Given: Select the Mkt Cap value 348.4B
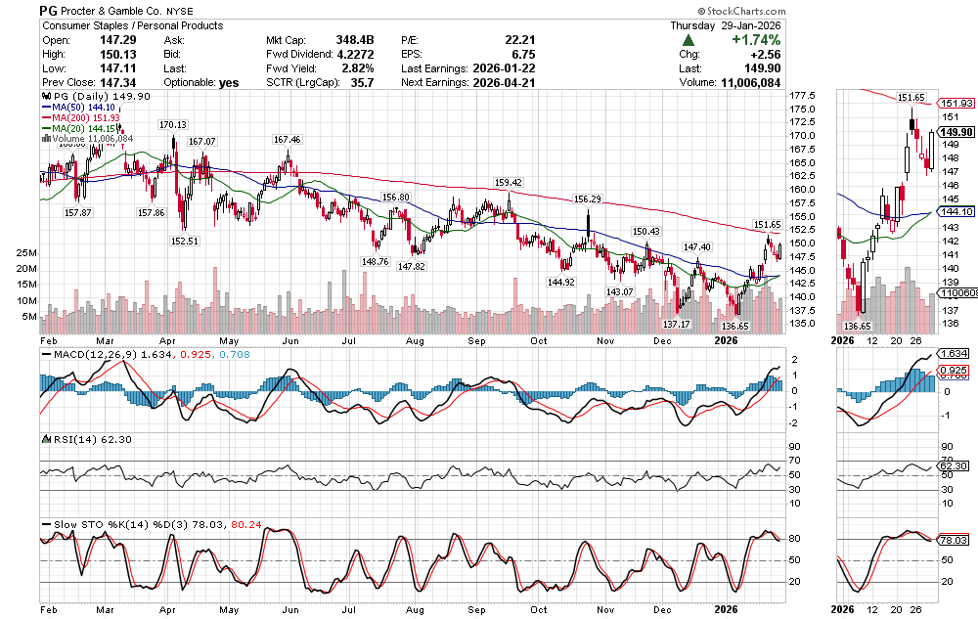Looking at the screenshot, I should click(x=354, y=40).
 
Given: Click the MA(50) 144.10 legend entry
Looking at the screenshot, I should click(x=81, y=108).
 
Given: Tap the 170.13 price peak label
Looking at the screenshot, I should click(x=173, y=125).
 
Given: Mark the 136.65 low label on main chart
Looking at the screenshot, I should click(x=733, y=326).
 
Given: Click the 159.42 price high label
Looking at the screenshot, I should click(x=509, y=183).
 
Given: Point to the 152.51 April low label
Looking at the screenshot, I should click(x=184, y=241).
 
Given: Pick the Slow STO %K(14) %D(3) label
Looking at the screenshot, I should click(x=116, y=524).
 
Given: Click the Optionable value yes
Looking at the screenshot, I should click(x=229, y=83).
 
